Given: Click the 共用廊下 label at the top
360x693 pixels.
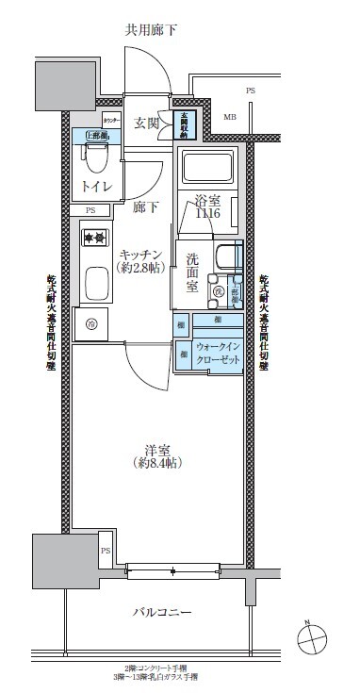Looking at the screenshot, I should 151,30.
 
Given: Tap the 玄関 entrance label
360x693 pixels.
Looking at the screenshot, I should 146,123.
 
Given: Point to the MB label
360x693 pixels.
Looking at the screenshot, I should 230,117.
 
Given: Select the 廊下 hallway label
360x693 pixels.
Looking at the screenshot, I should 145,206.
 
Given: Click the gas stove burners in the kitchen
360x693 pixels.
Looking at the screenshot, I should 93,237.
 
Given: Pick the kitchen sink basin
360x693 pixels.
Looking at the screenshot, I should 95,283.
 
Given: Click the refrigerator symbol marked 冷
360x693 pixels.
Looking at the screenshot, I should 91,324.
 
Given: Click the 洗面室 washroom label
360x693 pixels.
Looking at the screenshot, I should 192,273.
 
